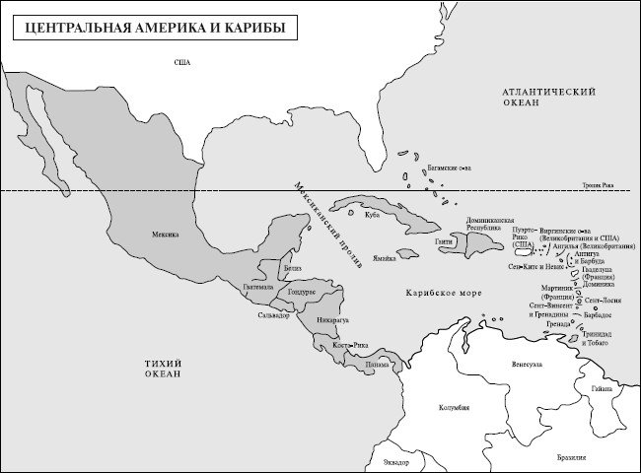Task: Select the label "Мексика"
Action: point(166,236)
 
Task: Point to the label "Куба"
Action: point(372,213)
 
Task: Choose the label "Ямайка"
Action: point(384,258)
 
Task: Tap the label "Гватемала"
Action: point(259,288)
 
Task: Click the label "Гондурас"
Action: point(302,293)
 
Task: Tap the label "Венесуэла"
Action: point(527,364)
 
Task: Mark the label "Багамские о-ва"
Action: point(448,168)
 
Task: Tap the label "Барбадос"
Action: point(598,312)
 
